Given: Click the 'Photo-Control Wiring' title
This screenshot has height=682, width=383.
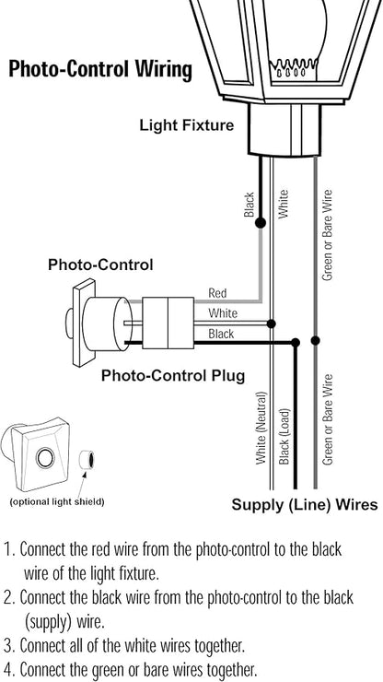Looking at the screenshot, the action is tap(100, 70).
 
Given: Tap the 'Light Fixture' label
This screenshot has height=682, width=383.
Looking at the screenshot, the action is tap(187, 125).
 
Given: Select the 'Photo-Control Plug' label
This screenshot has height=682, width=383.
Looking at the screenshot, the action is tap(173, 375).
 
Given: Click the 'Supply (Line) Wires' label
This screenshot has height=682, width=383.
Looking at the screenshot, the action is tap(305, 505).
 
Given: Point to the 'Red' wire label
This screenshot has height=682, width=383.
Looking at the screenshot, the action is tap(217, 293).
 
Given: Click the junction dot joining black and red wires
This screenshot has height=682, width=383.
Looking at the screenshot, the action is tap(261, 223).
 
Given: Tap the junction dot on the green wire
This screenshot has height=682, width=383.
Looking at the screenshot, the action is tap(316, 340).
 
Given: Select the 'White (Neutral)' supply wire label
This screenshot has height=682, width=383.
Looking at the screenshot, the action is tap(261, 428).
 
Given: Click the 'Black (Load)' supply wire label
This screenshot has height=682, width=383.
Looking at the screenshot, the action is tap(284, 436).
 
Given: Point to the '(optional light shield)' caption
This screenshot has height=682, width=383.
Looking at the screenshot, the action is tap(57, 501).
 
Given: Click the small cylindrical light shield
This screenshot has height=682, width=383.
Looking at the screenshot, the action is tap(86, 460).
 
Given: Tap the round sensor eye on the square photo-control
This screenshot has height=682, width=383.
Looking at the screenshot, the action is tap(45, 458).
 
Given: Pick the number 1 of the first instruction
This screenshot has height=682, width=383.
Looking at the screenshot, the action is tap(8, 549).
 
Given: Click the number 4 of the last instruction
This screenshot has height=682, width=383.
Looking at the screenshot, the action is tap(8, 667).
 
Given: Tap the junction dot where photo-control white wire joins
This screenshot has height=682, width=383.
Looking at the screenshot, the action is tap(272, 323).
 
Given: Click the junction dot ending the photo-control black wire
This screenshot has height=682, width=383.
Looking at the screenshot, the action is tap(296, 343).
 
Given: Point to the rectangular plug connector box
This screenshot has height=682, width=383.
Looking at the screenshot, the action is tap(168, 323).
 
